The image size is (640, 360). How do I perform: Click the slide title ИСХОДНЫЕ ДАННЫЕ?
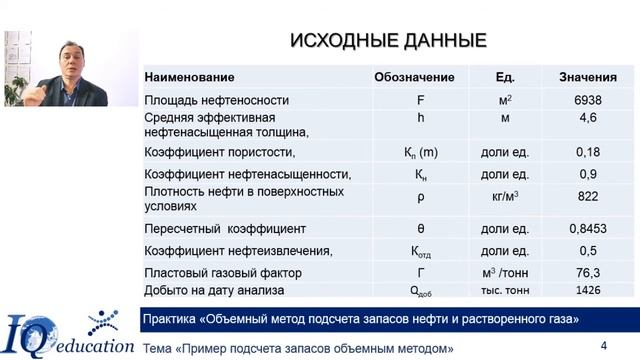pyautogui.click(x=388, y=41)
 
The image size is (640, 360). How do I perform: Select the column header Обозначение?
pyautogui.click(x=414, y=78)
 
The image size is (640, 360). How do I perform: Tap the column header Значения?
pyautogui.click(x=581, y=78)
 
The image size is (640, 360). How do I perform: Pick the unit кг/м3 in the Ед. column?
pyautogui.click(x=505, y=197)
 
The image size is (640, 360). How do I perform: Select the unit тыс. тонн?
pyautogui.click(x=505, y=290)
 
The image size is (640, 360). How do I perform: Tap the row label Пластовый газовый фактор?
pyautogui.click(x=223, y=272)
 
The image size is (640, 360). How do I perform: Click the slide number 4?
pyautogui.click(x=603, y=345)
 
